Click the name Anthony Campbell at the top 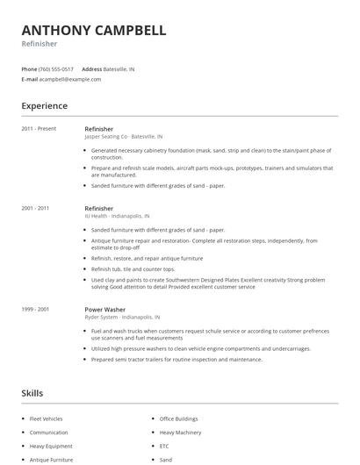(x=94, y=30)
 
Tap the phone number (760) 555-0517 (x=56, y=68)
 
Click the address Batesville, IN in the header (x=119, y=68)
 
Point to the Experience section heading (x=44, y=106)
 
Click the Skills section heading (x=32, y=393)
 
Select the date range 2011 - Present (x=39, y=129)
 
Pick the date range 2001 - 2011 (x=35, y=209)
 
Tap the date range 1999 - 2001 (x=35, y=309)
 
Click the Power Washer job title (x=106, y=309)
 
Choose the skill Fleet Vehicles (x=47, y=419)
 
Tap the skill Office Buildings (x=178, y=419)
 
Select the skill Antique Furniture (x=51, y=460)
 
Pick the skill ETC (x=164, y=446)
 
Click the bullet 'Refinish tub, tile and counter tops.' (x=133, y=269)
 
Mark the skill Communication (x=48, y=433)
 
